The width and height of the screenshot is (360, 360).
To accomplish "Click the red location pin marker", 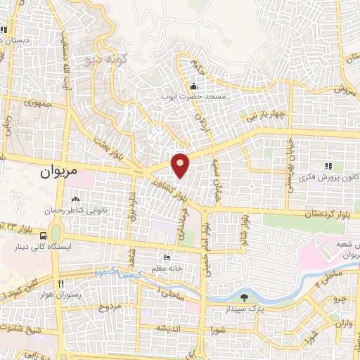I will tap(181, 165).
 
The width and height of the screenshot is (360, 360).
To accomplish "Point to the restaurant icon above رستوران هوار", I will tap(61, 283).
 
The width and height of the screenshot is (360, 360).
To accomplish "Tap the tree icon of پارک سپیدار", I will tap(244, 297).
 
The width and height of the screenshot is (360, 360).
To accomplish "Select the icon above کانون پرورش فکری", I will tap(328, 166).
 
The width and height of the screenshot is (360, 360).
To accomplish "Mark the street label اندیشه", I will tap(172, 328).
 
